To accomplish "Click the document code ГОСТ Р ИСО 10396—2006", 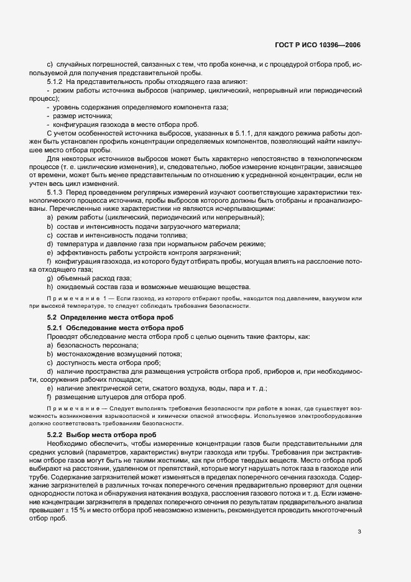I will point(317,45).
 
